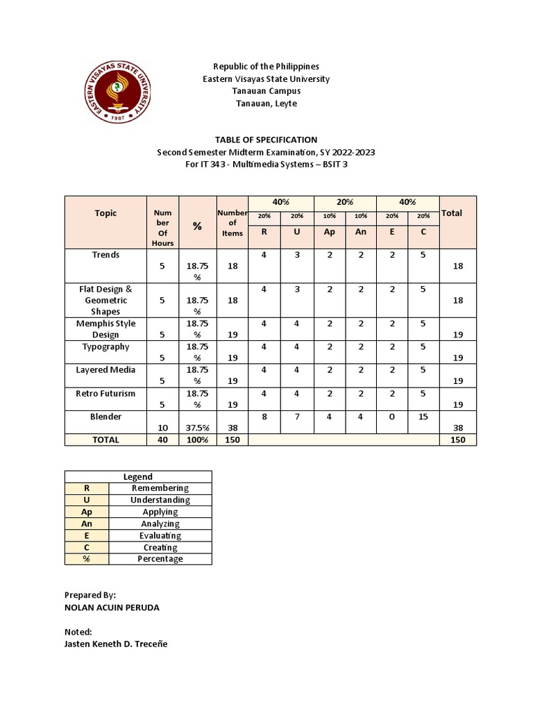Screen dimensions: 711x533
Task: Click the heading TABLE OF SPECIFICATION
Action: (266, 140)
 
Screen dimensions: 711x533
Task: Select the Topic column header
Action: (105, 213)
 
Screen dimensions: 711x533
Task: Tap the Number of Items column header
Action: (232, 224)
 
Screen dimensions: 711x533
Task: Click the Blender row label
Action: (105, 417)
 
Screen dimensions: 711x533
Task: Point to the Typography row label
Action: (105, 346)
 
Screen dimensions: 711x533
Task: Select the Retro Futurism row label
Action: (105, 393)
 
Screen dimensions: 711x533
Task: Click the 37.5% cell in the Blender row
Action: (197, 428)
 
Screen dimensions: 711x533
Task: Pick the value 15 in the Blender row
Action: (423, 417)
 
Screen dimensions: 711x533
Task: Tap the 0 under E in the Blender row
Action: (392, 417)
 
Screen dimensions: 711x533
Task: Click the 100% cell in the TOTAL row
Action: (197, 440)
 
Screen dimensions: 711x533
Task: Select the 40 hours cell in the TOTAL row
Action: (162, 440)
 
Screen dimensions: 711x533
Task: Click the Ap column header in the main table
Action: (330, 232)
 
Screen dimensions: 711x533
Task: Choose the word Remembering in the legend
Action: (160, 488)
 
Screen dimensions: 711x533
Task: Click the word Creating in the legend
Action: (160, 547)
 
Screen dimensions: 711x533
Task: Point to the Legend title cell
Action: (138, 476)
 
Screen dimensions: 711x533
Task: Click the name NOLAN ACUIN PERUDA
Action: (112, 608)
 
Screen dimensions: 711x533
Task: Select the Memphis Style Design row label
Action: (105, 329)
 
